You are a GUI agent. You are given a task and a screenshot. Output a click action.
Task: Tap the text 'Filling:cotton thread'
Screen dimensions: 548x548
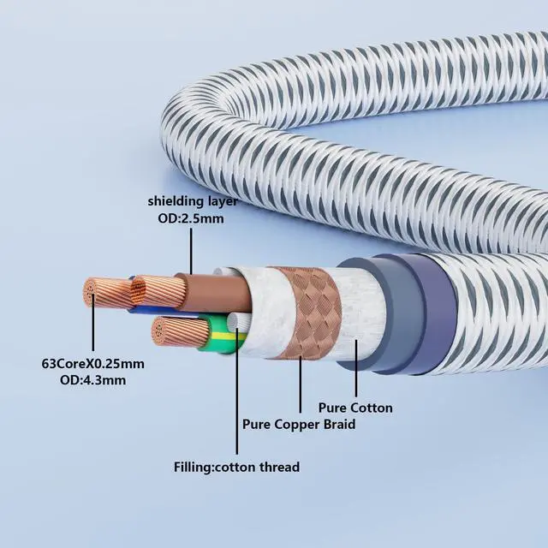click(236, 467)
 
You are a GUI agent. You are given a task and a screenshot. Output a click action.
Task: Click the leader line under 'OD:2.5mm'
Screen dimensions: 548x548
click(191, 248)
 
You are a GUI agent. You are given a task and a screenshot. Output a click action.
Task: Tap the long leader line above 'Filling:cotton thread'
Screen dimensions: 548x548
click(236, 394)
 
